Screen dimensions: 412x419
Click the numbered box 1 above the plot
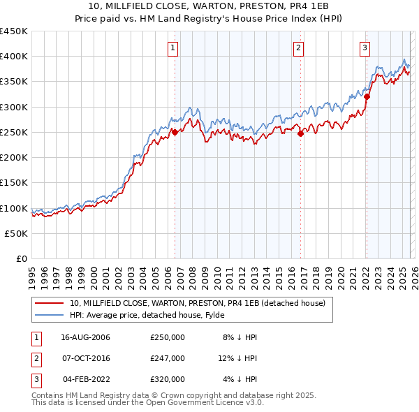click(172, 48)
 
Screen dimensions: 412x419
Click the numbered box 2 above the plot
click(298, 48)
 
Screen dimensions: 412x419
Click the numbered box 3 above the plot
click(365, 48)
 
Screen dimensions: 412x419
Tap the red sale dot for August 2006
click(175, 132)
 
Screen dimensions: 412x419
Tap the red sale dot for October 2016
click(300, 133)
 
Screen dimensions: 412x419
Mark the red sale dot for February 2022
click(367, 96)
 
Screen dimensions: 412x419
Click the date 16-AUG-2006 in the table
click(86, 337)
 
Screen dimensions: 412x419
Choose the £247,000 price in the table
click(168, 358)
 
